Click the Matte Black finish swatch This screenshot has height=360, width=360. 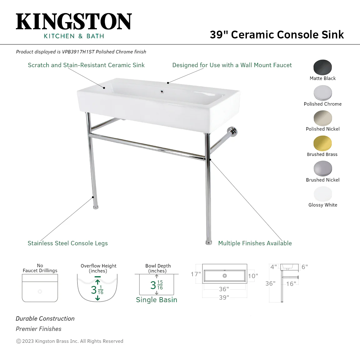(x=322, y=67)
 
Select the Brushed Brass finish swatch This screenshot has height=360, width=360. (x=322, y=143)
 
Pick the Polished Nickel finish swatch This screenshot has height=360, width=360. (x=322, y=118)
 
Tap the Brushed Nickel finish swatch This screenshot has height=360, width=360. (x=322, y=168)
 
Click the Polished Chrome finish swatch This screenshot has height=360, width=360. (x=322, y=93)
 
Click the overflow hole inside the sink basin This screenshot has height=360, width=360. (x=162, y=92)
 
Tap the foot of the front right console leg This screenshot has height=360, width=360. (x=209, y=243)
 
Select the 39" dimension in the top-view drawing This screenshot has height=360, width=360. (x=224, y=297)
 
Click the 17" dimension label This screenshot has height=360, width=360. (x=196, y=274)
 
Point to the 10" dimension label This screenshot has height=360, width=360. (x=253, y=276)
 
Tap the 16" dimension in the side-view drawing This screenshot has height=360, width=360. (x=291, y=284)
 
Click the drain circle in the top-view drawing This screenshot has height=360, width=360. (x=225, y=276)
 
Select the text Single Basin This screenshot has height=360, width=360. (x=157, y=300)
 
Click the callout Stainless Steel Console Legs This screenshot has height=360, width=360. (x=68, y=243)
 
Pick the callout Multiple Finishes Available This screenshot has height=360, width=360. (x=255, y=243)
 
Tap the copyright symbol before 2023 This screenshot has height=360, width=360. (x=19, y=341)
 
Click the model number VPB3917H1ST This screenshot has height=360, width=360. (x=78, y=52)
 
